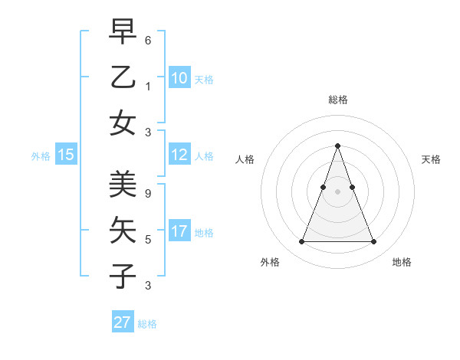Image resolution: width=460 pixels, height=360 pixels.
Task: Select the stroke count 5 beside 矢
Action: point(148,240)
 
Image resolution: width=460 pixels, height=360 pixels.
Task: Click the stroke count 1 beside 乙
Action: point(148,86)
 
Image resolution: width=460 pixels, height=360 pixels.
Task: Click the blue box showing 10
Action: point(179,77)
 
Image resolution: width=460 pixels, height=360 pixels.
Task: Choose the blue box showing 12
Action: point(179,155)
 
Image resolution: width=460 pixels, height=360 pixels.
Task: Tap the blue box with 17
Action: point(179,231)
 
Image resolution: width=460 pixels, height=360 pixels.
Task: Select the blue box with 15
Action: point(65,155)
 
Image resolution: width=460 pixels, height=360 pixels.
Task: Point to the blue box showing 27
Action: point(123,322)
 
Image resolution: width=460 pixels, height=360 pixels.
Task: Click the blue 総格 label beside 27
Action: point(147,324)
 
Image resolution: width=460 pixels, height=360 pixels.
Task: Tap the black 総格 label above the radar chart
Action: point(338,100)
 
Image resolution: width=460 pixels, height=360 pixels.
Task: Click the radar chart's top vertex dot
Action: point(337,146)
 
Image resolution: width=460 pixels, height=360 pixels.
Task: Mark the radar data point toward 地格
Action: point(373,242)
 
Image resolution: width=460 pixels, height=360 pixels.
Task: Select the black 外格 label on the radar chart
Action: point(270,262)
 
